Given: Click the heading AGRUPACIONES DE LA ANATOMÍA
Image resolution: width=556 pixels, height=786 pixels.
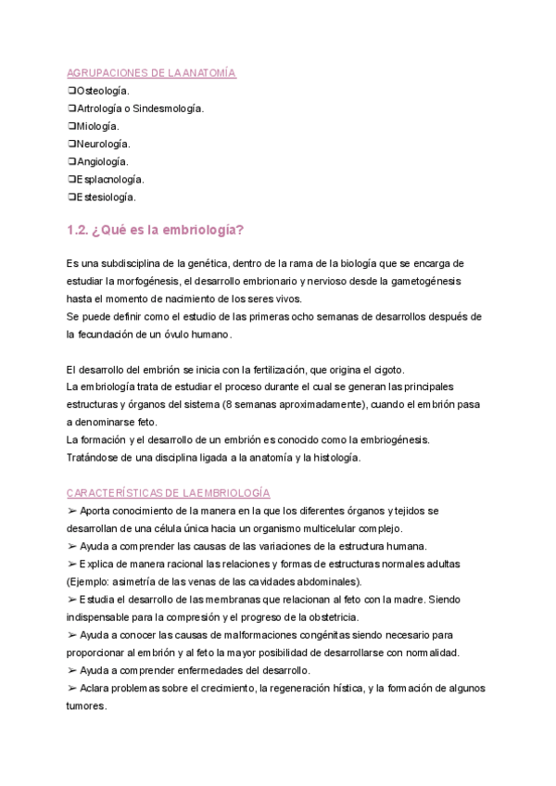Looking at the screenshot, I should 152,73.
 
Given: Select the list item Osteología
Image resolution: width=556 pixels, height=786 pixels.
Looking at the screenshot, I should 103,91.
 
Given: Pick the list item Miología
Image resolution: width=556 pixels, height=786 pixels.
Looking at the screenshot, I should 98,126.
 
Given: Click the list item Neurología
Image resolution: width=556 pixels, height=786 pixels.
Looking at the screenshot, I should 103,144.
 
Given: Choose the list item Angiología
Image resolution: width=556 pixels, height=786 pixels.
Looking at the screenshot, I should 102,161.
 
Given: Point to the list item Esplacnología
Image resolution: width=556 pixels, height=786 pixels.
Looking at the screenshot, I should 109,179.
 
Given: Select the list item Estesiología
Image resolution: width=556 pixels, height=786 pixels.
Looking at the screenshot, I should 107,196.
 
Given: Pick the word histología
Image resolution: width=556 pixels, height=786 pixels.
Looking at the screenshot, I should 328,457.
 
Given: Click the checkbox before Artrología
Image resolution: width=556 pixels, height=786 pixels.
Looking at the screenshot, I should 72,108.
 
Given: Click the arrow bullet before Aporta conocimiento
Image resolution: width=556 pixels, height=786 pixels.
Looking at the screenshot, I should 72,511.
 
